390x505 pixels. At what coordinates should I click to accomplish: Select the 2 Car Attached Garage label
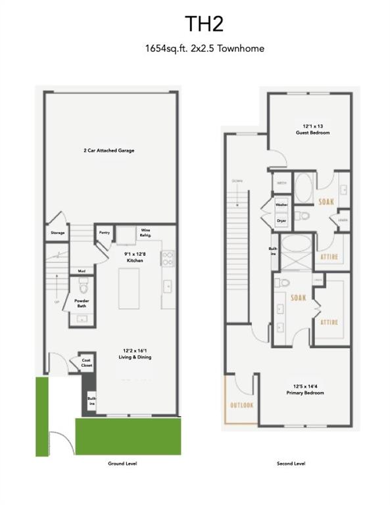coord(109,151)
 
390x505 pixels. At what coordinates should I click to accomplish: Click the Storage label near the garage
coord(58,233)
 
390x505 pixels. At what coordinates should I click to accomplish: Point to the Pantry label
coord(104,231)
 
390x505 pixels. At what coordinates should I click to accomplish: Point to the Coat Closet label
coord(85,362)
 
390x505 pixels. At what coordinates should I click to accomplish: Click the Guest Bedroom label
coord(312,129)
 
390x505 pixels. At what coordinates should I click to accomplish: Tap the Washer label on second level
coord(281,205)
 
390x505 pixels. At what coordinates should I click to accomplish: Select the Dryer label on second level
coord(281,221)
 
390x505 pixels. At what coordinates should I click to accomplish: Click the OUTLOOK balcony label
coord(241,406)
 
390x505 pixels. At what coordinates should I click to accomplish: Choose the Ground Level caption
coord(122,464)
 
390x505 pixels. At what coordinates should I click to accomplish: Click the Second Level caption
coord(291,464)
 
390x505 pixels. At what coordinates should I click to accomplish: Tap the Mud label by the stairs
coord(82,272)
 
